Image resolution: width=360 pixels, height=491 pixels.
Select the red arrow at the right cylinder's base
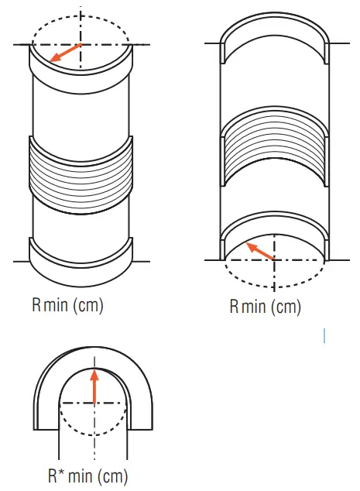260,251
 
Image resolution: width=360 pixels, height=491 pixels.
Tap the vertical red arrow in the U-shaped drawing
94,386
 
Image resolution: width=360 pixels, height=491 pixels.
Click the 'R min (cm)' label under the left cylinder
67,305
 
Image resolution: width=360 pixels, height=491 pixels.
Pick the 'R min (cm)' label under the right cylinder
265,307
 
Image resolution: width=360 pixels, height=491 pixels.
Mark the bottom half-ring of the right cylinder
274,230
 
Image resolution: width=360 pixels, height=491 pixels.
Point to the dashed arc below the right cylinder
274,283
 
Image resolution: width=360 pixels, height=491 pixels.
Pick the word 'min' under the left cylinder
57,305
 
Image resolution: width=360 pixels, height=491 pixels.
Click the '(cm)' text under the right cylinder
285,307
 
